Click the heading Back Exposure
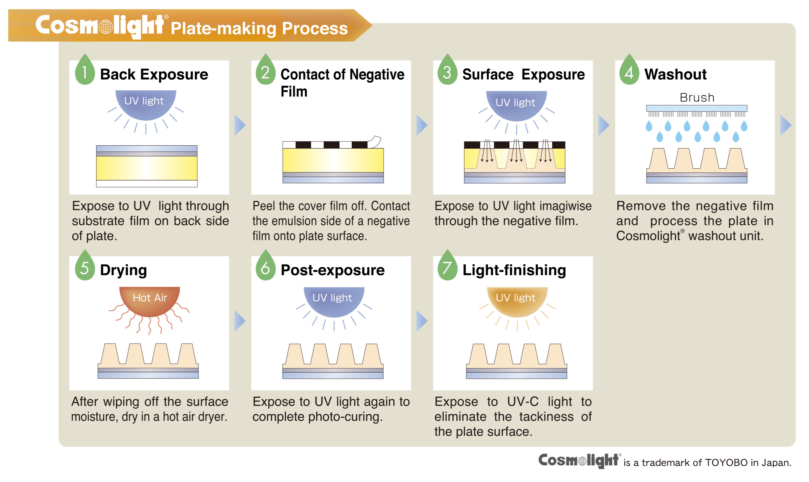[154, 75]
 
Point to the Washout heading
[675, 75]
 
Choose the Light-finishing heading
[514, 270]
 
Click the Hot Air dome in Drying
[150, 300]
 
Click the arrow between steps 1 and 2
[240, 125]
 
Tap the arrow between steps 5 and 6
[240, 321]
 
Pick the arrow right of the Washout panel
[786, 125]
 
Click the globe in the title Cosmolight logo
[106, 27]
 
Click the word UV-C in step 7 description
[523, 402]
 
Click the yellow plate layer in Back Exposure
[147, 168]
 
